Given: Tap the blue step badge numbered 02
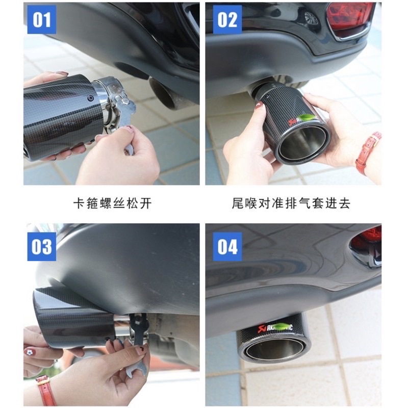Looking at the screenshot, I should (x=227, y=20).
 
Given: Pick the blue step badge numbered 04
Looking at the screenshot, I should (x=227, y=246).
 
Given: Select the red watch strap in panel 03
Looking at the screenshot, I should (x=46, y=390).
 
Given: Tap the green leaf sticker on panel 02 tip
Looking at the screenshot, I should (x=305, y=118).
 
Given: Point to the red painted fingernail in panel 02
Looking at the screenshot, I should (x=259, y=106).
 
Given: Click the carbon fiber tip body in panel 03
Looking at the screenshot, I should (x=71, y=316).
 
